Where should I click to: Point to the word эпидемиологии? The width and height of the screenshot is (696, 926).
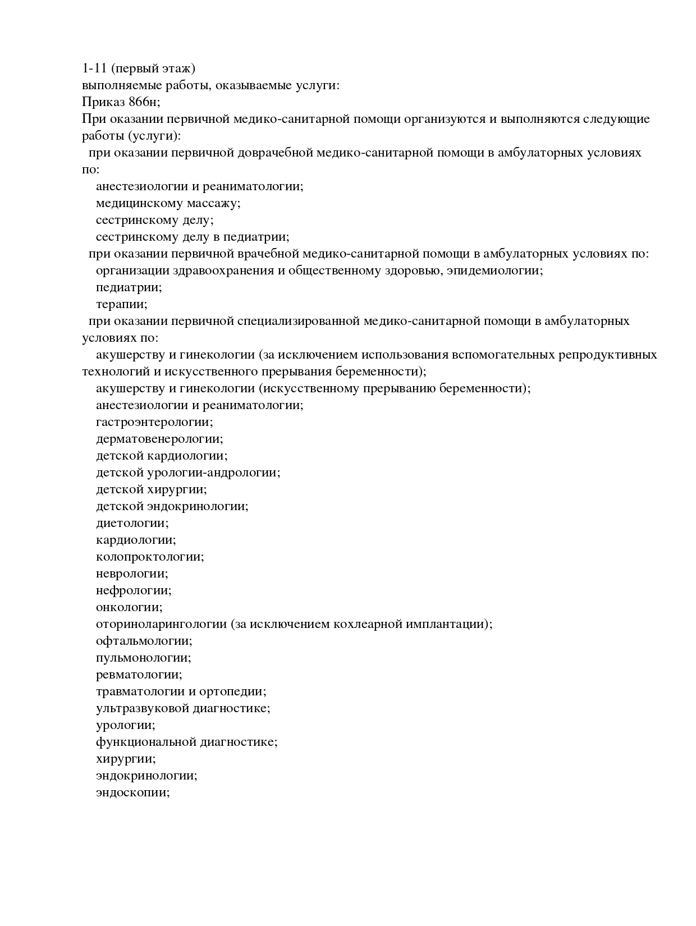pos(494,271)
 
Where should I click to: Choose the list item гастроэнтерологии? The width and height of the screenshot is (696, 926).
pos(154,422)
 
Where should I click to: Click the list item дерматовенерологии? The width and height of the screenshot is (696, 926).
pos(159,439)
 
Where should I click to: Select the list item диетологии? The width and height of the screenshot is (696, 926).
pos(132,523)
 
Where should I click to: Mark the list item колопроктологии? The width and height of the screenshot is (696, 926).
pos(150,557)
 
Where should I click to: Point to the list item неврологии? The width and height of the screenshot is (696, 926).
pos(132,574)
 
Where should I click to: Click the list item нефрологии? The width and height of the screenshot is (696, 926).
pos(134,590)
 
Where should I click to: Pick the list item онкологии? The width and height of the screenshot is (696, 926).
pos(129,607)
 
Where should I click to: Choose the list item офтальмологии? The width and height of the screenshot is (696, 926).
pos(144,641)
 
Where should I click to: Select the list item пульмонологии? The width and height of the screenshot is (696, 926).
pos(143,658)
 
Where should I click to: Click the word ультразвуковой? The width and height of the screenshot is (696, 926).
pos(142,708)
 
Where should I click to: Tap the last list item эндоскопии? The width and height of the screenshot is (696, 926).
pos(132,792)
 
